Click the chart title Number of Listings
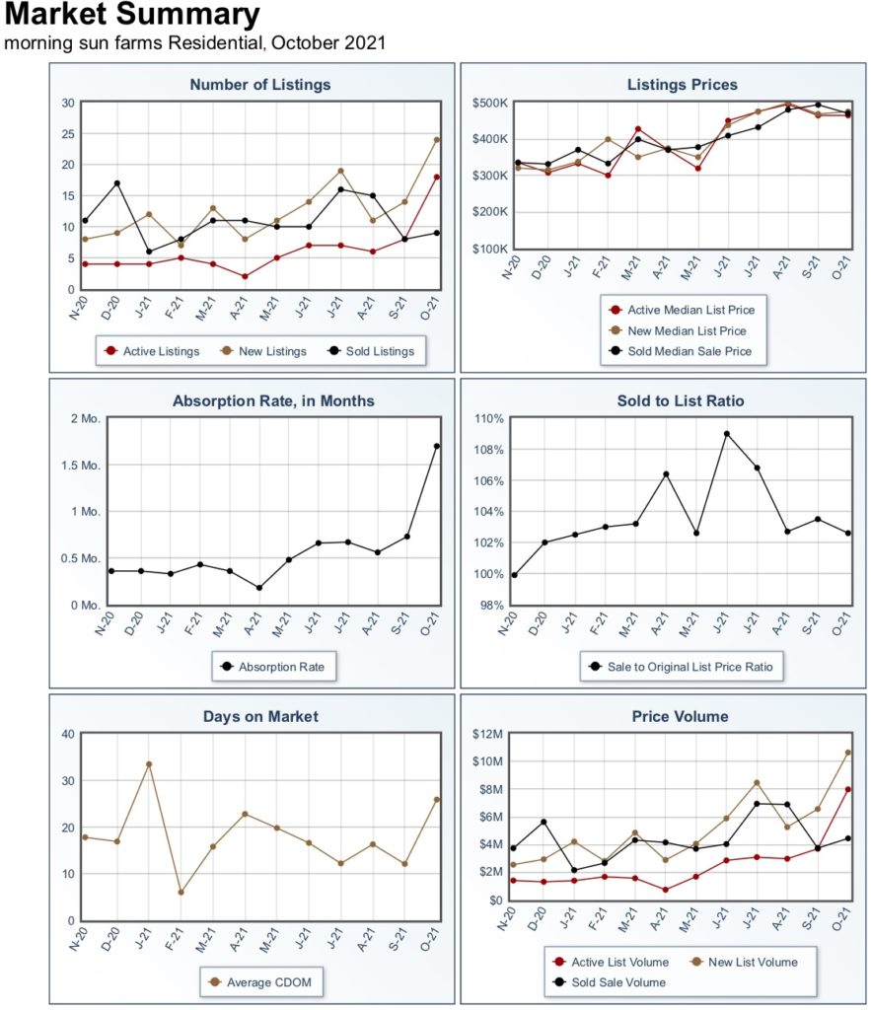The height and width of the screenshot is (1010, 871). (260, 85)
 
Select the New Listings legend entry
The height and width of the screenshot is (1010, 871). (263, 351)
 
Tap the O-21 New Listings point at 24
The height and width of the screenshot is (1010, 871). (437, 140)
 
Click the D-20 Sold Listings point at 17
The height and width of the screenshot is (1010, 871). (116, 183)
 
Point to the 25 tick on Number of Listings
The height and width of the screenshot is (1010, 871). (68, 134)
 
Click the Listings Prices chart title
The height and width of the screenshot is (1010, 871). (683, 85)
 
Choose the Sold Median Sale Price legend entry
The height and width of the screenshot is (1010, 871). (681, 351)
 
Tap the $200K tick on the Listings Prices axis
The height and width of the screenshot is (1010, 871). (490, 212)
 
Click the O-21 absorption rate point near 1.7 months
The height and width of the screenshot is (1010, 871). (437, 446)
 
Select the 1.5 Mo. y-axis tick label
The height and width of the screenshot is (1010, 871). (81, 466)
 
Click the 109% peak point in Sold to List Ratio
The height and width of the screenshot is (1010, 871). (727, 434)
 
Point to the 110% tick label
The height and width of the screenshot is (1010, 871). (489, 418)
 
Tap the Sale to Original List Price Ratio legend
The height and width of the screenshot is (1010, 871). (681, 667)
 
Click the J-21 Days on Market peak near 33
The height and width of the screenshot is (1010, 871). (149, 764)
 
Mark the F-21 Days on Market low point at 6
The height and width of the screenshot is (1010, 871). (181, 893)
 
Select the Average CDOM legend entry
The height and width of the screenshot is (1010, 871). (260, 982)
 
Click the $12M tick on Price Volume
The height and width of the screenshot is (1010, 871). (487, 734)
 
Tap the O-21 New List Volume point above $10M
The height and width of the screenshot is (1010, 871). (847, 753)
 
